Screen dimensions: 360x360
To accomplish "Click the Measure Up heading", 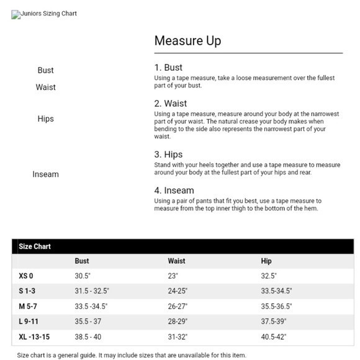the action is click(187, 41).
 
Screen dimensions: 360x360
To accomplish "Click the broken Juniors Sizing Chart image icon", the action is click(16, 14).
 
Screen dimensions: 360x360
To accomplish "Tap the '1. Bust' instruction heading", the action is click(168, 67).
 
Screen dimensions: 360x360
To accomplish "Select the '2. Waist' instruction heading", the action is click(170, 103).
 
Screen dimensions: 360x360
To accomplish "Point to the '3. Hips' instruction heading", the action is click(168, 154).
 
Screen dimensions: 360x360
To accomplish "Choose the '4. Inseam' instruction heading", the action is click(174, 190).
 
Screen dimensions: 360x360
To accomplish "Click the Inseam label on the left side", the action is click(45, 174).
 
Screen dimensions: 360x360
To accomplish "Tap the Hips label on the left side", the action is click(45, 119).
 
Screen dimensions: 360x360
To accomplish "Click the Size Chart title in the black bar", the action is click(35, 246).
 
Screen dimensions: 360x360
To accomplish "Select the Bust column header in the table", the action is click(82, 261).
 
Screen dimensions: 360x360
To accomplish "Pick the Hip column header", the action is click(266, 261).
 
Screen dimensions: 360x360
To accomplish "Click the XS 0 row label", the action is click(26, 276).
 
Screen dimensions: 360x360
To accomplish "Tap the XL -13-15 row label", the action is click(34, 337).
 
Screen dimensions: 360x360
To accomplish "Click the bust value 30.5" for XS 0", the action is click(83, 276).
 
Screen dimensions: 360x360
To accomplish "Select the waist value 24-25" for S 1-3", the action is click(177, 291).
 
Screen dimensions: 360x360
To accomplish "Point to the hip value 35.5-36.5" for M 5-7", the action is click(276, 307).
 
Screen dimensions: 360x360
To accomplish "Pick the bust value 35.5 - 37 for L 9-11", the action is click(88, 322).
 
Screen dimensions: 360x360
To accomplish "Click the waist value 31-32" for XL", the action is click(177, 337).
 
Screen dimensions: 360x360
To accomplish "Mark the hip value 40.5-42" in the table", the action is click(274, 337).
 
